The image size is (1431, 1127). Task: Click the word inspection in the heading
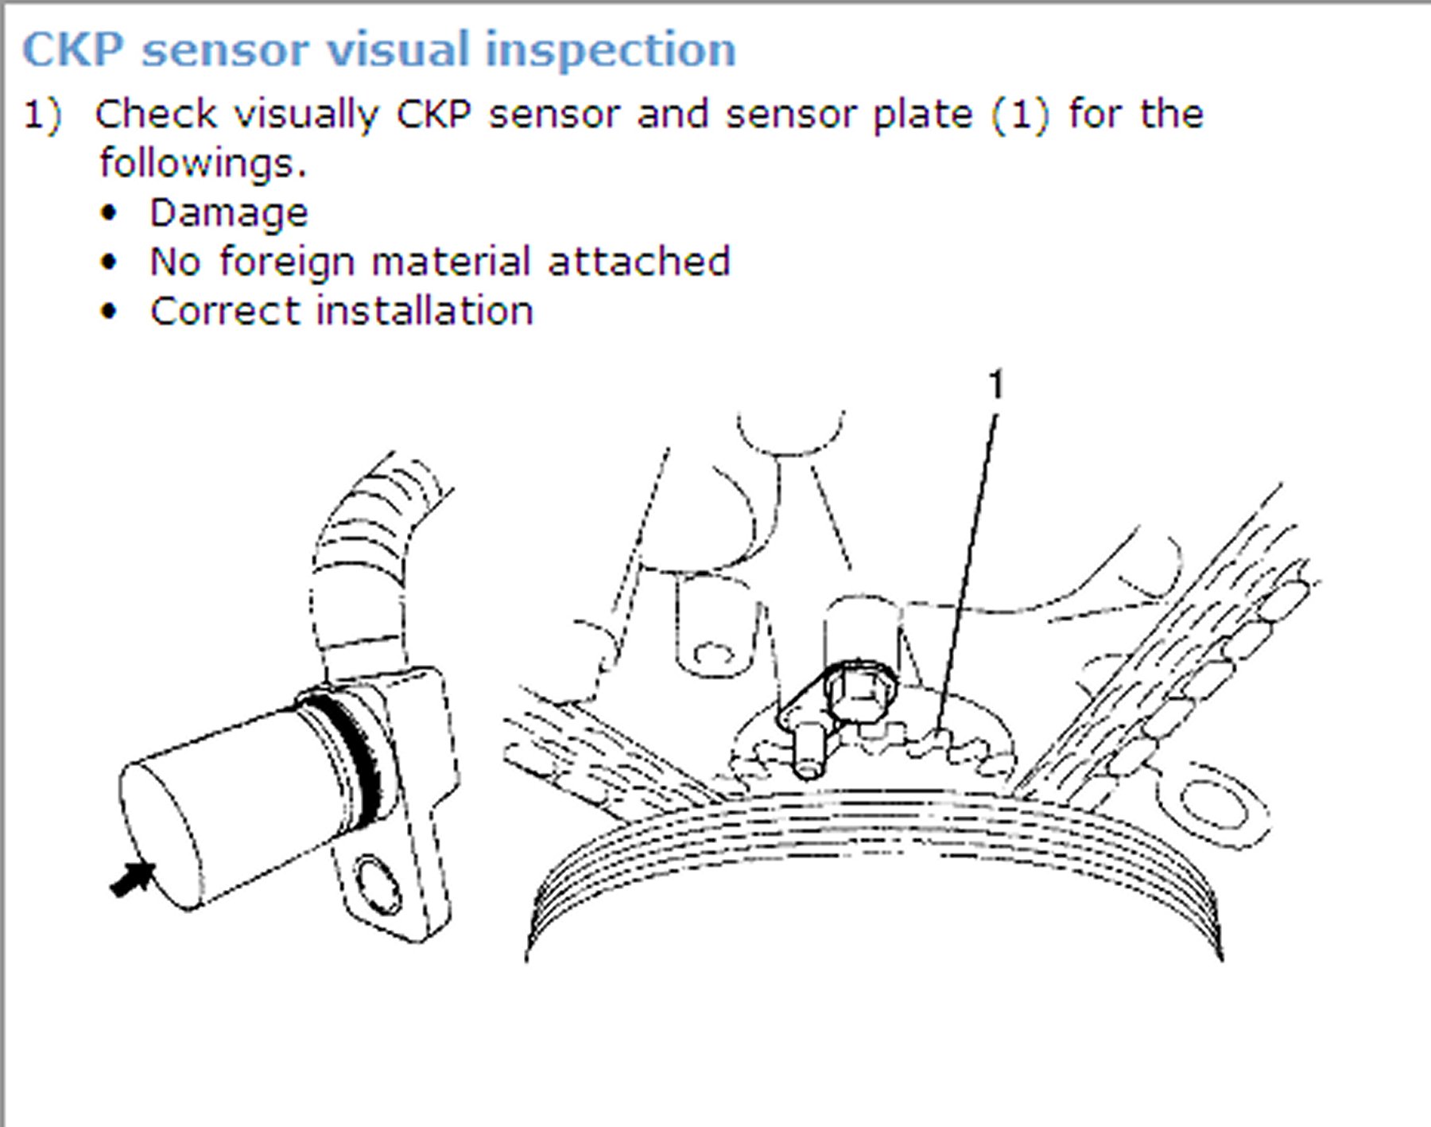point(611,51)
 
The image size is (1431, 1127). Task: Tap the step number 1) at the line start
point(41,115)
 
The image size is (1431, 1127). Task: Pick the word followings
point(203,164)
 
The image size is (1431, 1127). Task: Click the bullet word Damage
point(229,213)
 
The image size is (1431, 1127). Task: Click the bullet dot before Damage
point(109,213)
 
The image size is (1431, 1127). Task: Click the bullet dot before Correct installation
point(109,311)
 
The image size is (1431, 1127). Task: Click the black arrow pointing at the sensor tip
point(132,879)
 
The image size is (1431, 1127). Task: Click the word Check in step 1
point(155,115)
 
